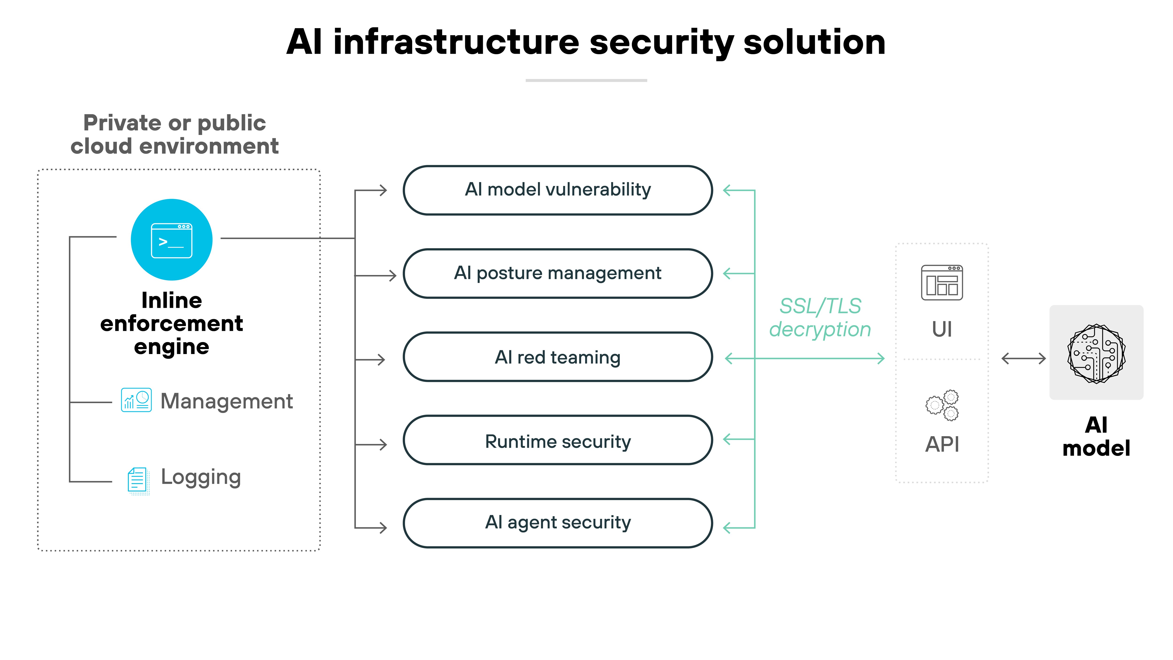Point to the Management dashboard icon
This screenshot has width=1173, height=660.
[136, 400]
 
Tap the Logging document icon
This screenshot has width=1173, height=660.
[137, 480]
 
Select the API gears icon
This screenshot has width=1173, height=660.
[942, 405]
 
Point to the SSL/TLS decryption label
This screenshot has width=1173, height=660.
[820, 317]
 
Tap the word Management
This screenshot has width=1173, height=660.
[226, 401]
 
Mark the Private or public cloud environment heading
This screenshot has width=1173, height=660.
[174, 134]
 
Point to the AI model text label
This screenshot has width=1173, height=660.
[1096, 436]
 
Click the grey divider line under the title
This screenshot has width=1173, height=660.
[586, 81]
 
